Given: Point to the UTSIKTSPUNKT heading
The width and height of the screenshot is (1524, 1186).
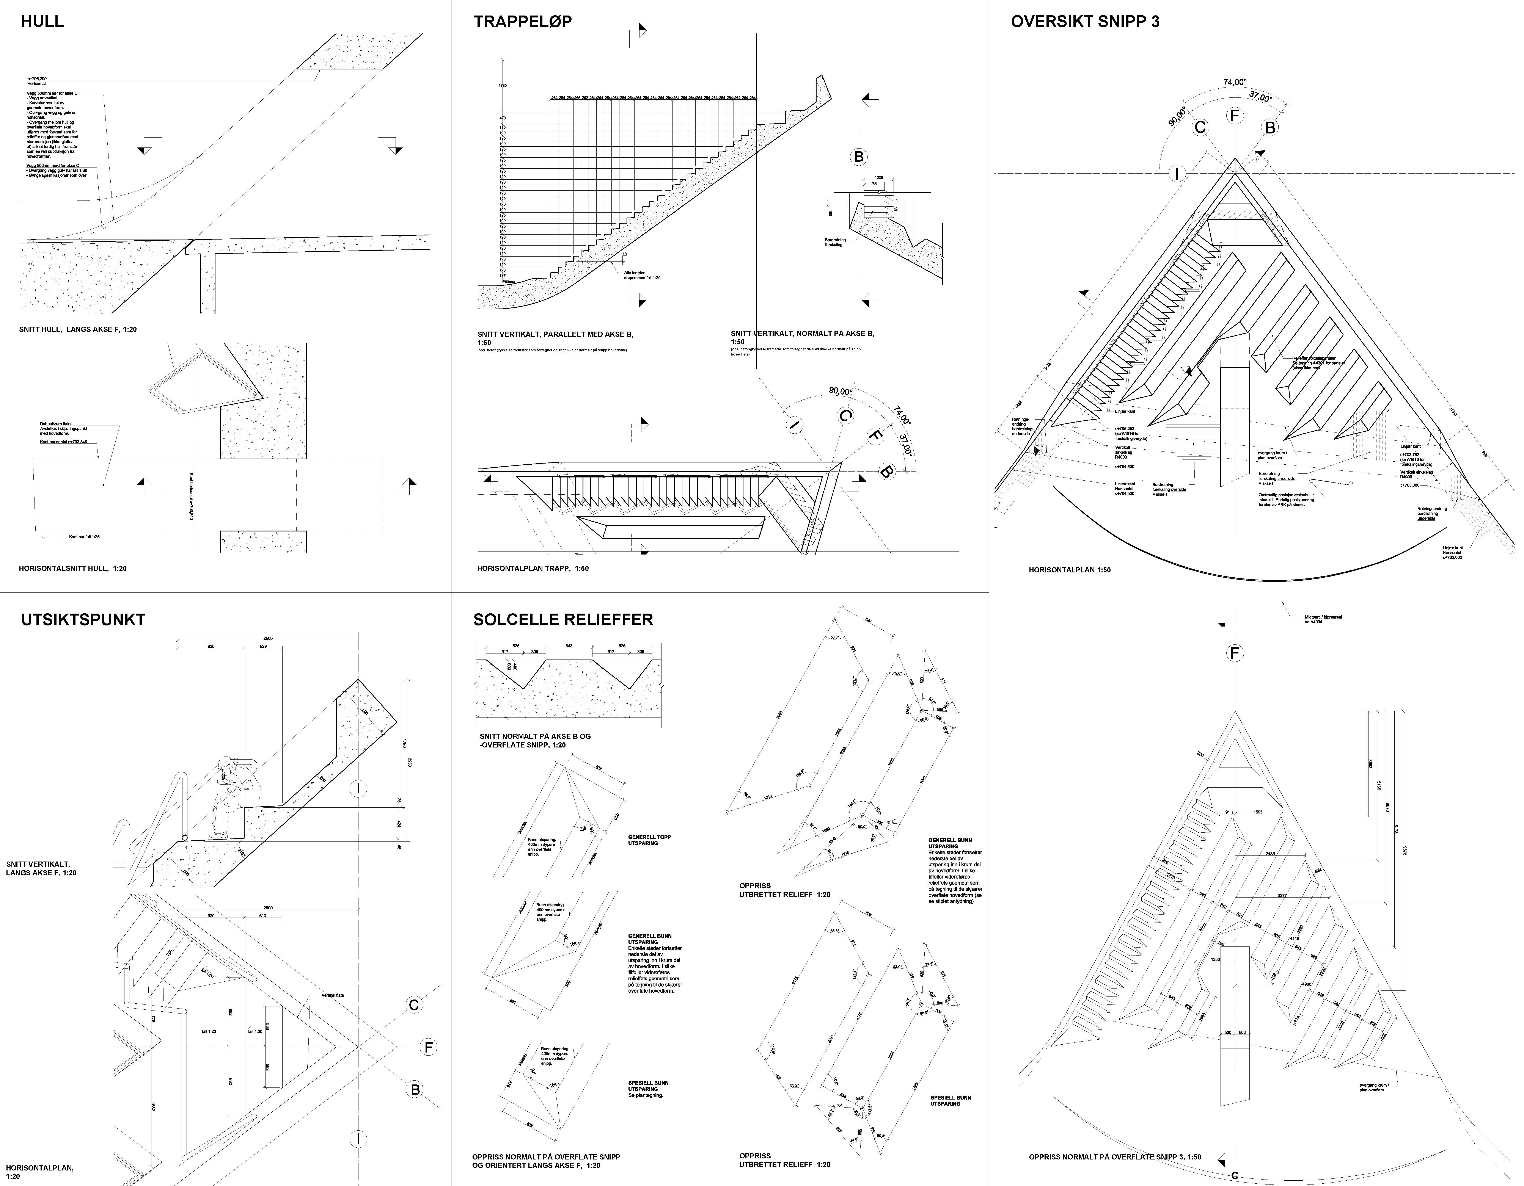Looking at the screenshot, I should coord(83,619).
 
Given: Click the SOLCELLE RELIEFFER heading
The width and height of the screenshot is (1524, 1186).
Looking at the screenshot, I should coord(563,619).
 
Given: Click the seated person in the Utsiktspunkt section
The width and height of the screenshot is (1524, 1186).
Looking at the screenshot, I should coord(234,795).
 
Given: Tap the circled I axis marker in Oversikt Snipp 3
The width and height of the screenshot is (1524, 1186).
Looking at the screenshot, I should coord(1177,174).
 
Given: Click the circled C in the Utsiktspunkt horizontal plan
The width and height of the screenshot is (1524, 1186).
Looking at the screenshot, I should coord(414,1005).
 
